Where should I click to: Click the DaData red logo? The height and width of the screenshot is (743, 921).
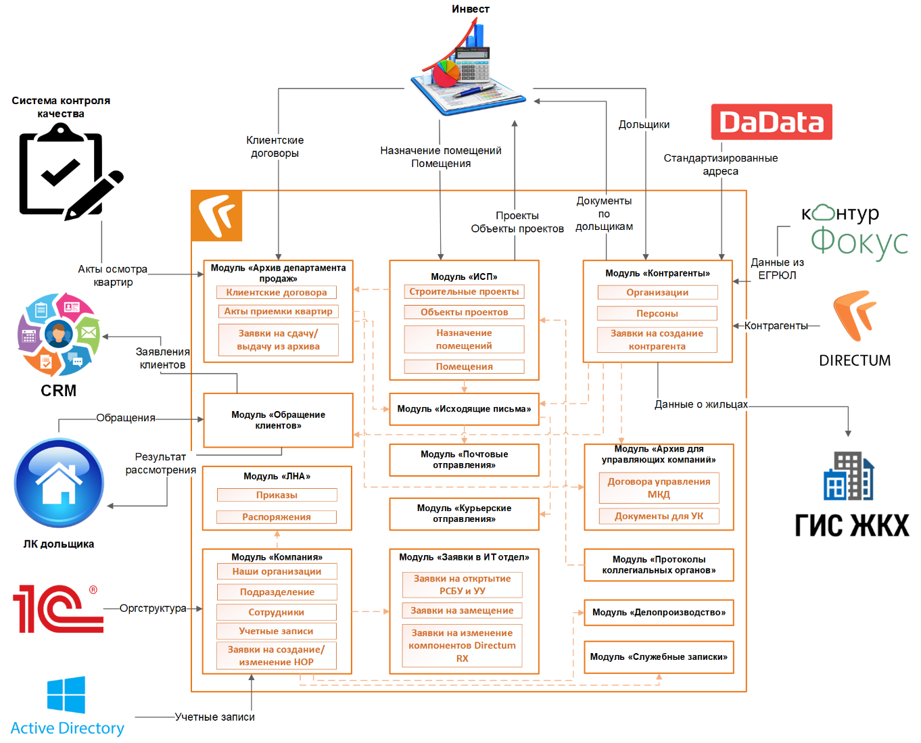click(x=771, y=122)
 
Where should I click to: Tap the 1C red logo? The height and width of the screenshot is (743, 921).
click(x=57, y=608)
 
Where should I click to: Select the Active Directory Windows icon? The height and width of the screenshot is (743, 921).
click(x=66, y=694)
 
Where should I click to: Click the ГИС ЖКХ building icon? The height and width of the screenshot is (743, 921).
click(x=849, y=476)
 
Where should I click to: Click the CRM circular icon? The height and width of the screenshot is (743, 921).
click(x=59, y=334)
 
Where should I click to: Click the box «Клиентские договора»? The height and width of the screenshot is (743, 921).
click(x=277, y=293)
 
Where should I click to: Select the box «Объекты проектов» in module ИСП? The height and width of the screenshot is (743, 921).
click(x=464, y=312)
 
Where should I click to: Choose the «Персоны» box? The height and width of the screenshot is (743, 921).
click(x=657, y=314)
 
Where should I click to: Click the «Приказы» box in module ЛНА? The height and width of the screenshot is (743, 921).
click(x=277, y=496)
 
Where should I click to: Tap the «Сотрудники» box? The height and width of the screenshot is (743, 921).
click(x=277, y=613)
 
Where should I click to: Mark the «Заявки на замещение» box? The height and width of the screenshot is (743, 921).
click(x=463, y=610)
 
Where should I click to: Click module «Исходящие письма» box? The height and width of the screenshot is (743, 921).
click(x=464, y=409)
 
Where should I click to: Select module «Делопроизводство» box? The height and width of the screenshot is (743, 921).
click(x=659, y=613)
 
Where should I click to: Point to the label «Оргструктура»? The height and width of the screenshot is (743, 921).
click(x=153, y=608)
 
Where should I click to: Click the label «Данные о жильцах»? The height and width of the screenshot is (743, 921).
click(x=701, y=404)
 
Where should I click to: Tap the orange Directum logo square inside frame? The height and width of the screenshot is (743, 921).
click(x=217, y=216)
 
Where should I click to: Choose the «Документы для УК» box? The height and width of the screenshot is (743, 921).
click(x=659, y=517)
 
